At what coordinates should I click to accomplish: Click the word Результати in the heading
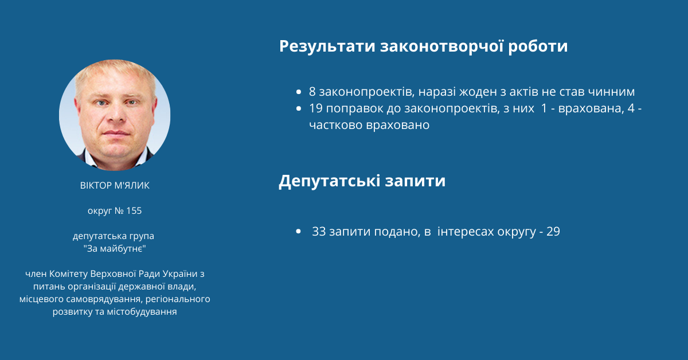pos(327,46)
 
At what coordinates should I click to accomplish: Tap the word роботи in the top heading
pos(538,46)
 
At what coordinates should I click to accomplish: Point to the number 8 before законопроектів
pos(312,92)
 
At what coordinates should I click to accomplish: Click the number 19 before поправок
pos(316,108)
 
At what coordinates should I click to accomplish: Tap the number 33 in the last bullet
pos(319,232)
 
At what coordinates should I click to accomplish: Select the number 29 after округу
pos(553,232)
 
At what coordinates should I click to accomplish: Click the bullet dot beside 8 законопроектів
pos(299,92)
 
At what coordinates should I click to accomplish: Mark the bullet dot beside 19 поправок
pos(299,108)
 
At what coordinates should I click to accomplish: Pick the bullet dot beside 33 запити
pos(298,232)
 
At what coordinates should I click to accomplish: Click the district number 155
pos(134,211)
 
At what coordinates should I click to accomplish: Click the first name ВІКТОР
pos(96,186)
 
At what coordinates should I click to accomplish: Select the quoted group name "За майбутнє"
pos(115,248)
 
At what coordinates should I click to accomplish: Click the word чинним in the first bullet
pos(611,92)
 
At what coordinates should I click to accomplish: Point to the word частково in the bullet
pos(336,126)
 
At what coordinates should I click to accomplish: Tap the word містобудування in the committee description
pos(142,312)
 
